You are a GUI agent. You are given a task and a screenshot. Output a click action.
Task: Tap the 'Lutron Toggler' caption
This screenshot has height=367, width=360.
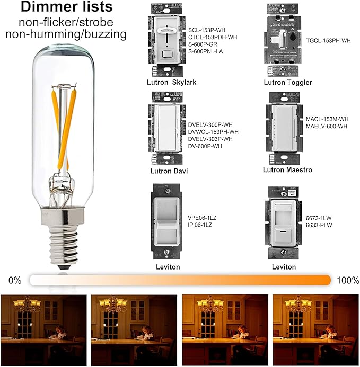tap(288, 82)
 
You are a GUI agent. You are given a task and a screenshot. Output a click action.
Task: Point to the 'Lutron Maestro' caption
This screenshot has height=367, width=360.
tap(287, 169)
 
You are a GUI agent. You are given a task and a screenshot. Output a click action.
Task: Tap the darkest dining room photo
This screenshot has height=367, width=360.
tap(43, 328)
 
